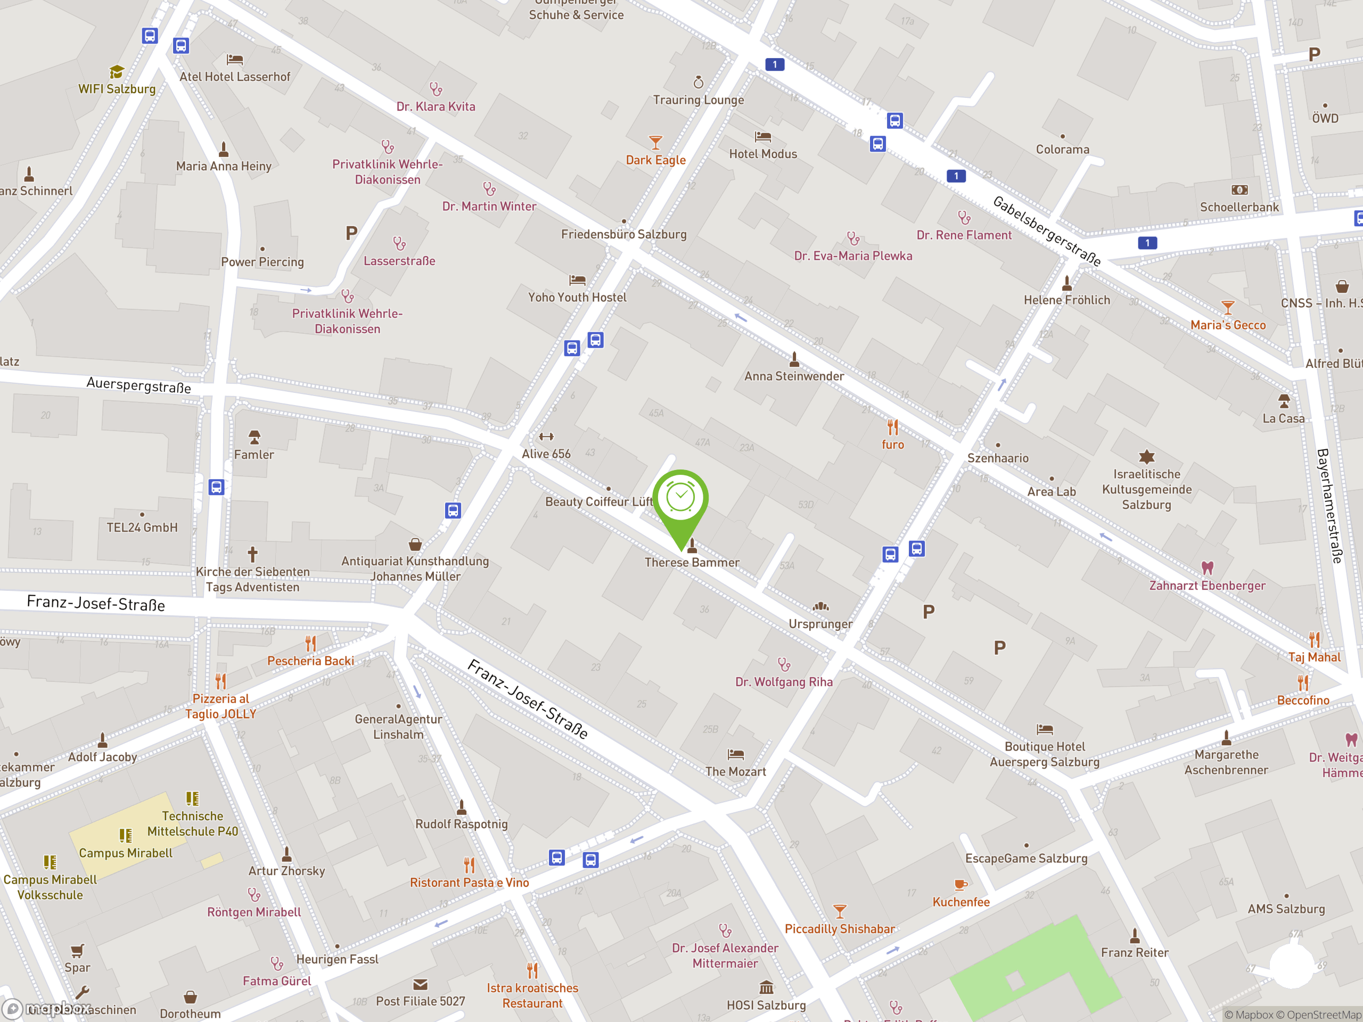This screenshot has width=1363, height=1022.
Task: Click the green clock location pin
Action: [680, 502]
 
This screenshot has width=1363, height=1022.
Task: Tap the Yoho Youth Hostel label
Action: [577, 298]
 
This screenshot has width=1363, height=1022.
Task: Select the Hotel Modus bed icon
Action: [763, 136]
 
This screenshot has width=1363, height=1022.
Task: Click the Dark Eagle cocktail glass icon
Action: [655, 143]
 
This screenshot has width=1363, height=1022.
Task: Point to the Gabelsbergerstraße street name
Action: [1046, 230]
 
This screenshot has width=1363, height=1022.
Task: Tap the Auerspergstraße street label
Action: [138, 385]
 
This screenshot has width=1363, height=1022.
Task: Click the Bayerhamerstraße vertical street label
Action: [1328, 505]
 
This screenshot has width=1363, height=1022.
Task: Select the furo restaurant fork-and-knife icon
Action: [893, 427]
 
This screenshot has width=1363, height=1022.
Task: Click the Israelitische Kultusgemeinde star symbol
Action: [1146, 457]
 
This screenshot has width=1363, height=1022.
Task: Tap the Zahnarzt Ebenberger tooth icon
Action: [1207, 567]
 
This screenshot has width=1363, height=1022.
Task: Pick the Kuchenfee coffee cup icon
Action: [960, 885]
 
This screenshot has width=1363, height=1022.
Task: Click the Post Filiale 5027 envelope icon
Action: [420, 984]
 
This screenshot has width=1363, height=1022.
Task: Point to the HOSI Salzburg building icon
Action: [766, 987]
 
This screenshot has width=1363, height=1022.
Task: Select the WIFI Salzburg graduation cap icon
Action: [117, 72]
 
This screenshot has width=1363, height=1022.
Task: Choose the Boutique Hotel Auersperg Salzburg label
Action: [1045, 755]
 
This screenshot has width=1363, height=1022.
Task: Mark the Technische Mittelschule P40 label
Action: [192, 823]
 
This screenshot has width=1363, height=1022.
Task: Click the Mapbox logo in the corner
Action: [46, 1009]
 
